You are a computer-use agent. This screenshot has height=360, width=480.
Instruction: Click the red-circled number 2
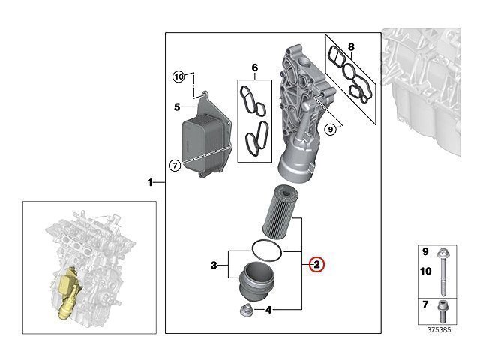point(316,264)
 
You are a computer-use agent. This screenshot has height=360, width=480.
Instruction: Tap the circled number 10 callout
point(178,76)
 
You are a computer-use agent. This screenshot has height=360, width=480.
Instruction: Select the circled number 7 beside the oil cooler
point(175,166)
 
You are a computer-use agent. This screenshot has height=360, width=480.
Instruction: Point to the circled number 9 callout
point(330,130)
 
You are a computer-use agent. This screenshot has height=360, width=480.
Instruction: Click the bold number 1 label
point(150,183)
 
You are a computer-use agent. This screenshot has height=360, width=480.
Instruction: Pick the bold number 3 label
point(214,265)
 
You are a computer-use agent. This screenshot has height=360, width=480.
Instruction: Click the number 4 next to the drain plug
point(268,310)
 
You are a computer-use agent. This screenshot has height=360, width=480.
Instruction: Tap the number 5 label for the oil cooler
point(177,106)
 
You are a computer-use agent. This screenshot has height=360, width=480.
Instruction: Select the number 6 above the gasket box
point(255,67)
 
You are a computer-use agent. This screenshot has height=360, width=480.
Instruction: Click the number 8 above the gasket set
point(351,47)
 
